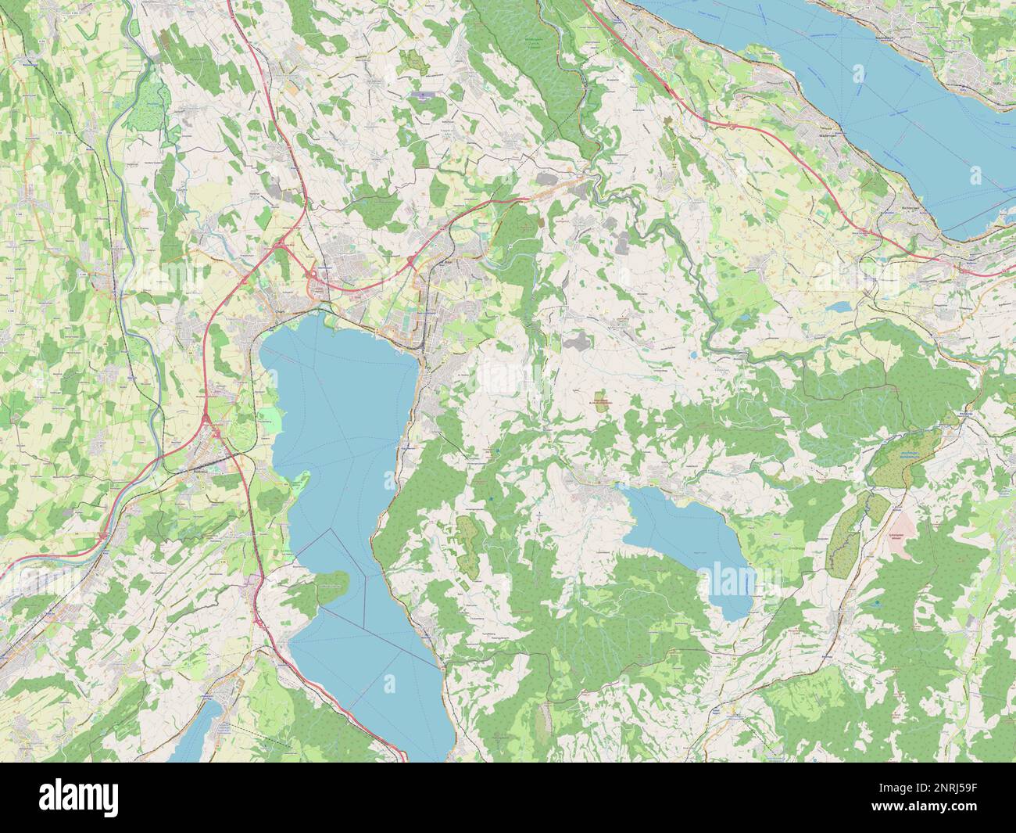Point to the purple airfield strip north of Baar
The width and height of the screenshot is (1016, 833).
pos(421,97)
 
